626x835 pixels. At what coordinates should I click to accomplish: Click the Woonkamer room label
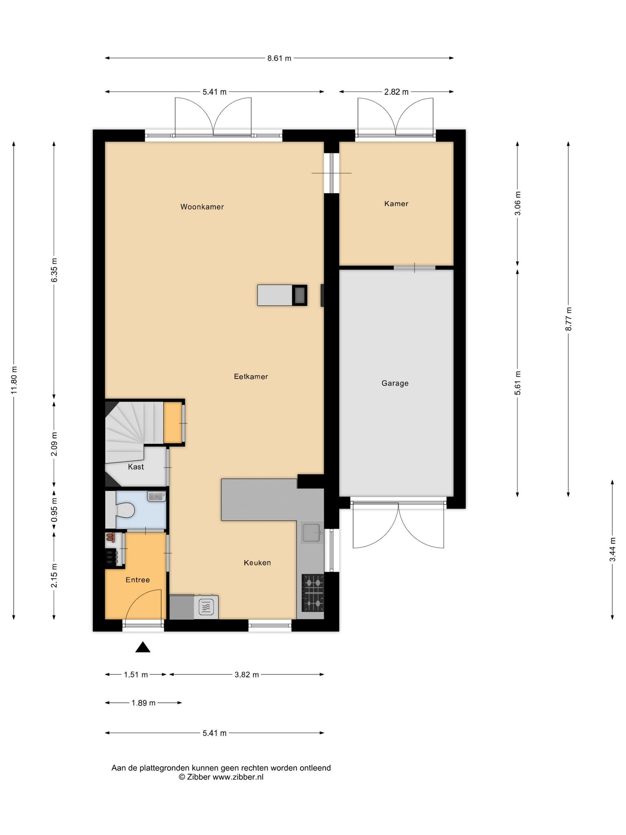202,207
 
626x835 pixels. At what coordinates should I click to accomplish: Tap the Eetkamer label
251,376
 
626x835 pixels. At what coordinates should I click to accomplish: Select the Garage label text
395,383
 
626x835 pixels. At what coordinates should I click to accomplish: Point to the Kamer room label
396,203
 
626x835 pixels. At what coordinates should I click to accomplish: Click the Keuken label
257,563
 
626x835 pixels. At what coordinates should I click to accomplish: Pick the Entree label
138,580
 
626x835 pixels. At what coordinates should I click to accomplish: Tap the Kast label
136,467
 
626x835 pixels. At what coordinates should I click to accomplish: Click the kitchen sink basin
312,532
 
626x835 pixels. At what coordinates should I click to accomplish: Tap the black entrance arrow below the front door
143,647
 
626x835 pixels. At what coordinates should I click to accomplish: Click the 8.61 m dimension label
279,58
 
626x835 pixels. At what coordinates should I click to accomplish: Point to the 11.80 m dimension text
14,380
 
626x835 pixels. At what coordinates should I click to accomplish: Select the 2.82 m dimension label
396,92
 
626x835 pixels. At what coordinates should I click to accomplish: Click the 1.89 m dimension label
143,703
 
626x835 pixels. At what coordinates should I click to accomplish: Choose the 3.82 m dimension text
247,675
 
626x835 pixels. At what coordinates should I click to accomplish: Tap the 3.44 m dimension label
613,549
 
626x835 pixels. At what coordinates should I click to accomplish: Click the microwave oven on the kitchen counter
206,607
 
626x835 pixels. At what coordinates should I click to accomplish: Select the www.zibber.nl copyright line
221,777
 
